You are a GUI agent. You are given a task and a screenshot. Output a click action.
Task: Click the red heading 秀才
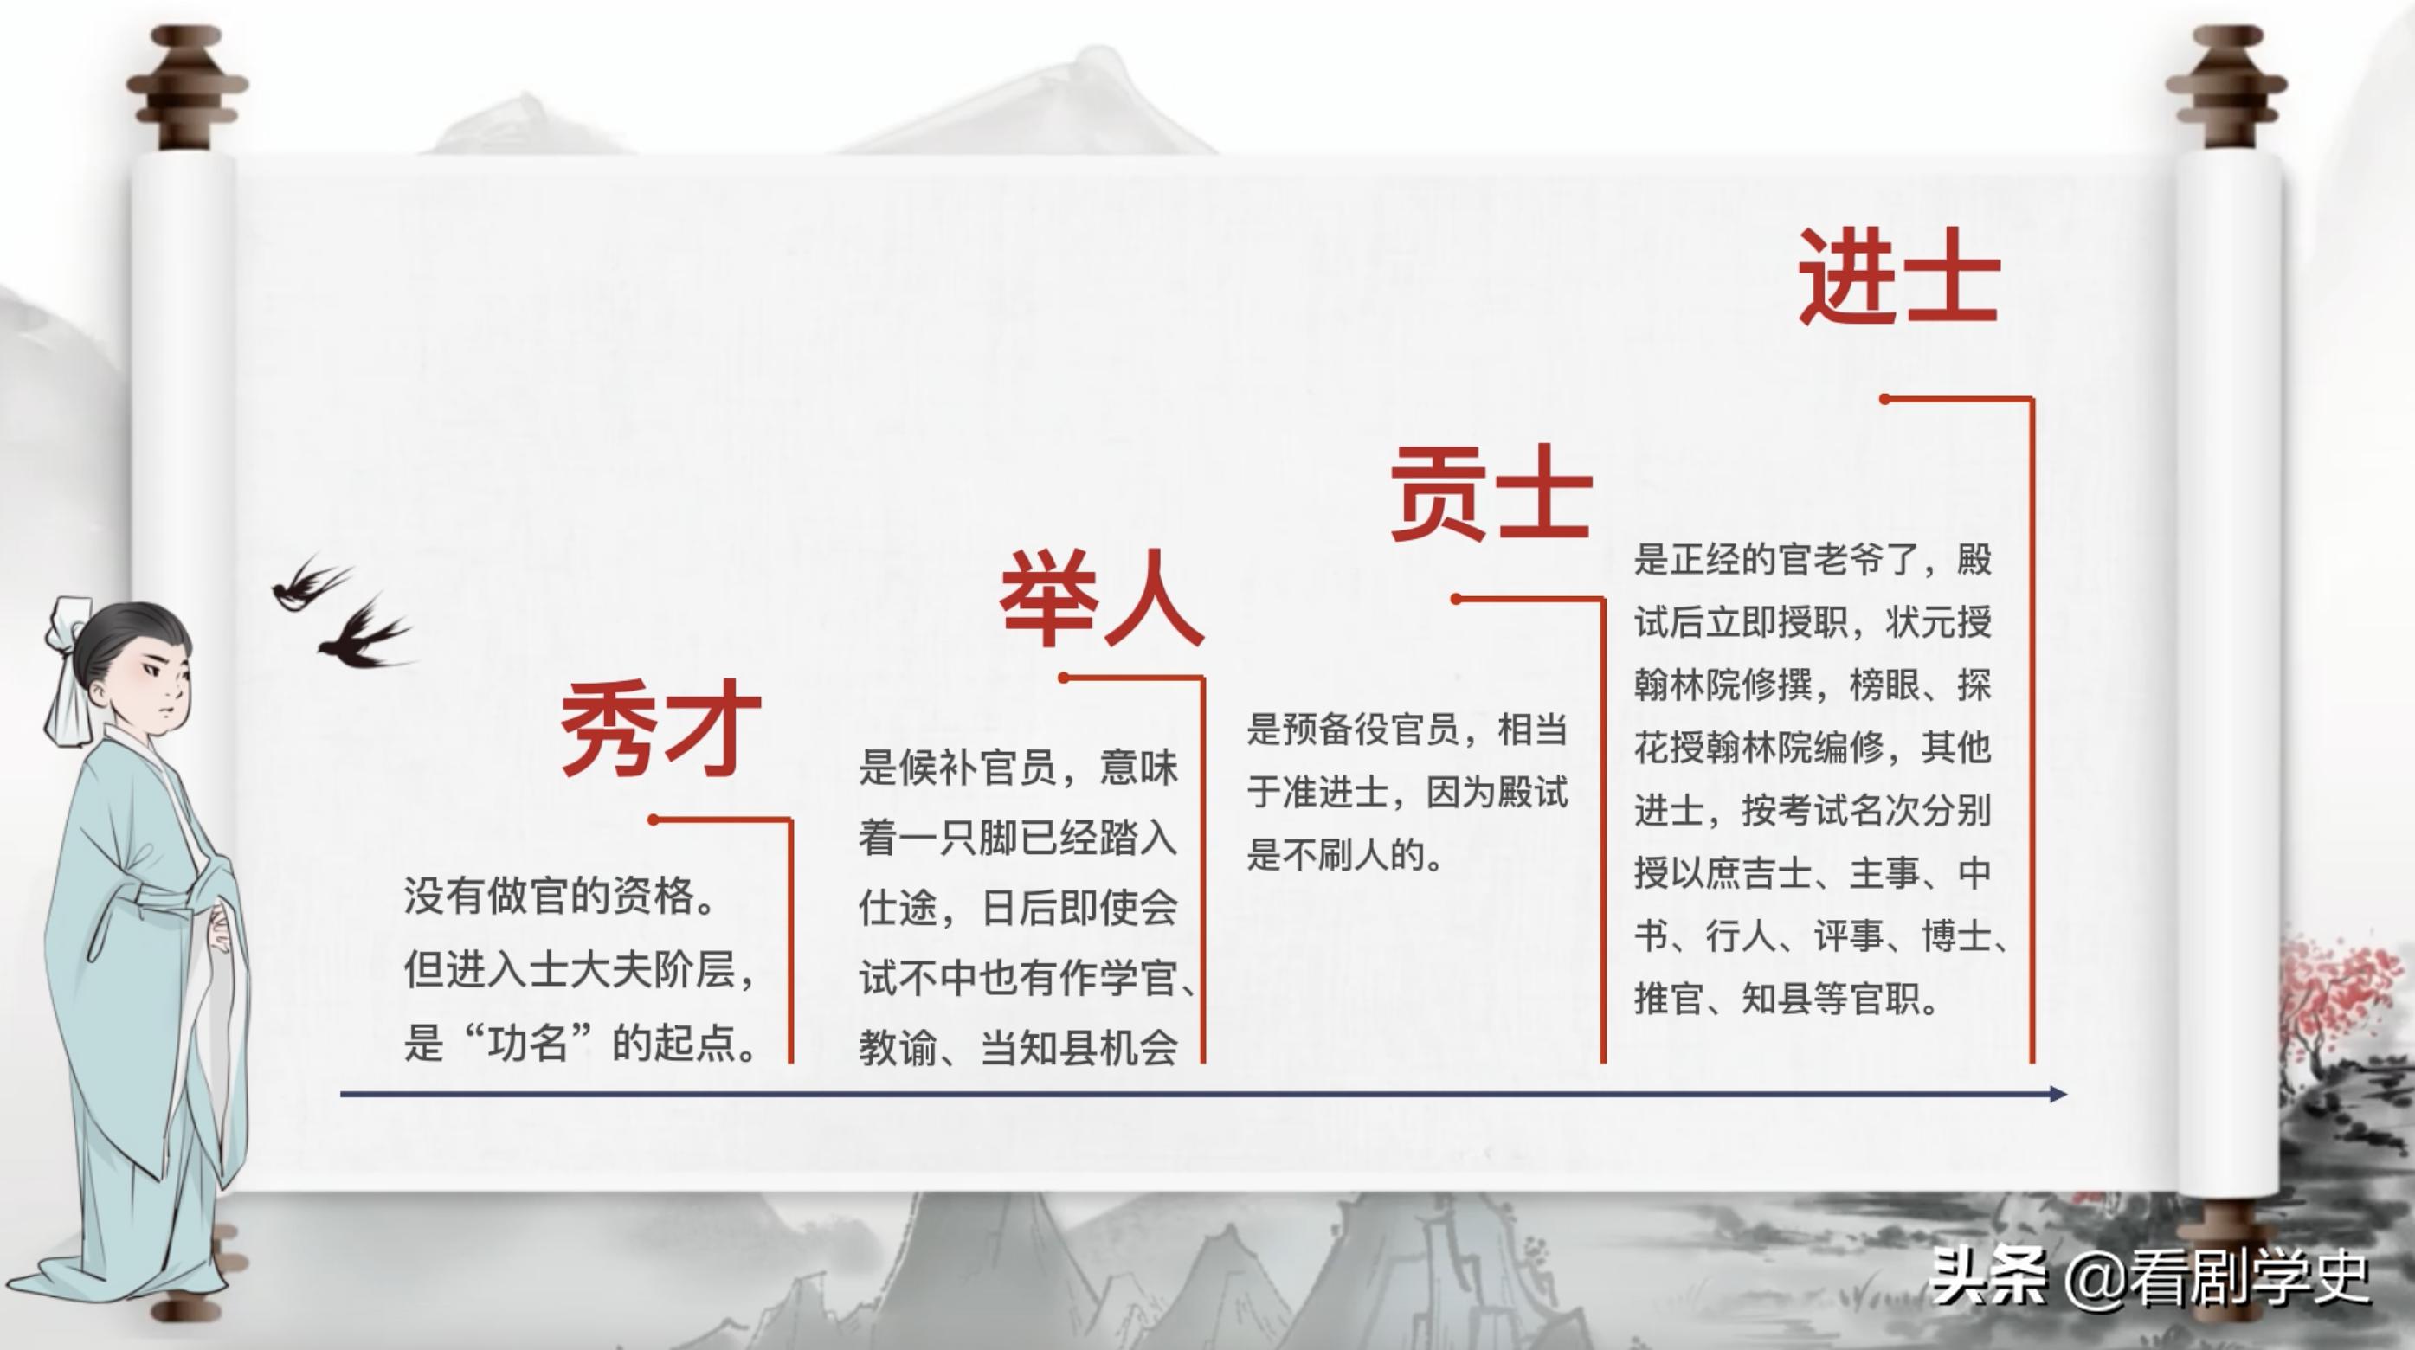(660, 729)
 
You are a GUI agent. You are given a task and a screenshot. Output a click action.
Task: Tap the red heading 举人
(1102, 598)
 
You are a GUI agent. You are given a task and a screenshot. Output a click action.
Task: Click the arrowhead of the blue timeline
(2057, 1094)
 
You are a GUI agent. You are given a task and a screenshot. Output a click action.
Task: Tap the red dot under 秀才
(654, 820)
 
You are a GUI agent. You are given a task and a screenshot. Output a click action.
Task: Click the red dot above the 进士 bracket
(1884, 400)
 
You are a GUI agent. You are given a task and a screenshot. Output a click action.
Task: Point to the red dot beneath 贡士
(1456, 599)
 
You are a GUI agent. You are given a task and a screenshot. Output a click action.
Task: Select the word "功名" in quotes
(527, 1043)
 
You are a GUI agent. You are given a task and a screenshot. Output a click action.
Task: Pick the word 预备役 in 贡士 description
(1334, 730)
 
